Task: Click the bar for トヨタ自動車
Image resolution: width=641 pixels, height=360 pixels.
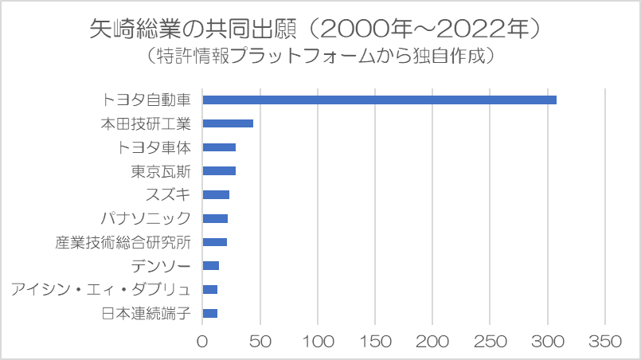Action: pyautogui.click(x=379, y=100)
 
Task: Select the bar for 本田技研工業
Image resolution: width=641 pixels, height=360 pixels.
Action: pyautogui.click(x=228, y=123)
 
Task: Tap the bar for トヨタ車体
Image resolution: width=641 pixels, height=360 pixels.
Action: pyautogui.click(x=219, y=147)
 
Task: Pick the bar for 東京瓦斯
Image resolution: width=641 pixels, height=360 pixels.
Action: pyautogui.click(x=219, y=170)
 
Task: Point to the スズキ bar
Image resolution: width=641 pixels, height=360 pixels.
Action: pyautogui.click(x=216, y=194)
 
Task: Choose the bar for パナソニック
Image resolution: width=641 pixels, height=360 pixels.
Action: pyautogui.click(x=215, y=218)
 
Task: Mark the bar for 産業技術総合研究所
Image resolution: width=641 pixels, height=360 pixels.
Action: pyautogui.click(x=215, y=242)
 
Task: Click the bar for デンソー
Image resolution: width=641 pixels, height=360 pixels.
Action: pyautogui.click(x=211, y=265)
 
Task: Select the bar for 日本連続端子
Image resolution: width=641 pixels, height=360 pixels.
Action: pyautogui.click(x=210, y=313)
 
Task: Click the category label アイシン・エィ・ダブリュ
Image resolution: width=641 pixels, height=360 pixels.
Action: pyautogui.click(x=101, y=289)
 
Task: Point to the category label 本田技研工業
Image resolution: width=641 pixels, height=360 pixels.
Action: pyautogui.click(x=146, y=123)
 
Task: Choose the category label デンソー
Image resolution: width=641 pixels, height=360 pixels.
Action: pyautogui.click(x=161, y=265)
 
